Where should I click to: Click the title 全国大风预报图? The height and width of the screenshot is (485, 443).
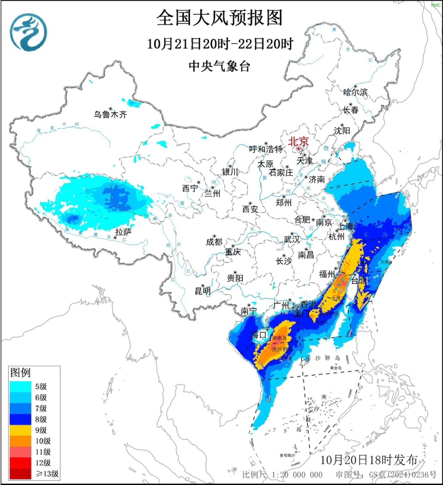[x=219, y=18]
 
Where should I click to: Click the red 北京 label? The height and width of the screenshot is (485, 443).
[x=299, y=142]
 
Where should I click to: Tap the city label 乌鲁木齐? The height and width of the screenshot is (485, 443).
[x=110, y=115]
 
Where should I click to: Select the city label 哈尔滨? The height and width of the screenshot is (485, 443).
[x=355, y=92]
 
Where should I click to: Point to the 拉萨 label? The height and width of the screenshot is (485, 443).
[x=123, y=232]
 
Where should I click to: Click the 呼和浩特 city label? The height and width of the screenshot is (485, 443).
[x=266, y=149]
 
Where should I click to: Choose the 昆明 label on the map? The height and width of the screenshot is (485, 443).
[x=202, y=291]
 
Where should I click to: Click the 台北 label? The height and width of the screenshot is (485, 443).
[x=360, y=280]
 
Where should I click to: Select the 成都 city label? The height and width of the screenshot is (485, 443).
[x=214, y=242]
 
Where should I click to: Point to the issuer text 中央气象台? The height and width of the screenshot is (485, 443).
[x=219, y=67]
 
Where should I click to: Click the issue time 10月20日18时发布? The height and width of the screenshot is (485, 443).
[x=369, y=460]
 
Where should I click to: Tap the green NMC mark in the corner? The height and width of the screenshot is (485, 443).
[x=436, y=5]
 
